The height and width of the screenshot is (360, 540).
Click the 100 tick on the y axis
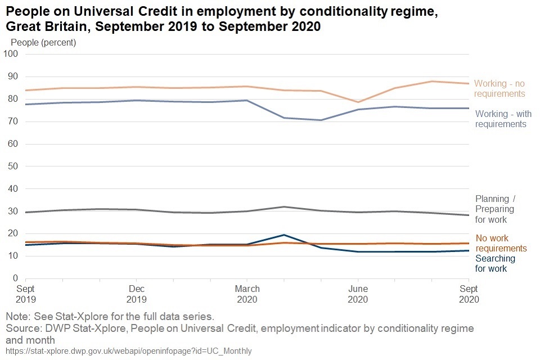(x=11, y=54)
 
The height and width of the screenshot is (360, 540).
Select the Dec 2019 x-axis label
(x=136, y=294)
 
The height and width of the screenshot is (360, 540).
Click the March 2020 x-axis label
(x=247, y=294)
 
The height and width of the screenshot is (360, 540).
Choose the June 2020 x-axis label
(x=358, y=294)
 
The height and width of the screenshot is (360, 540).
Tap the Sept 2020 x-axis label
(x=469, y=294)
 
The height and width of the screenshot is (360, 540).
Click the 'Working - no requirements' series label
(x=499, y=89)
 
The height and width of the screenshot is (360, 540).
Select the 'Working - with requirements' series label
(x=503, y=119)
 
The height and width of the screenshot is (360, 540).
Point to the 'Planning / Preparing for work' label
(x=495, y=209)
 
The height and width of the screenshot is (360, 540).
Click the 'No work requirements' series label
(x=501, y=243)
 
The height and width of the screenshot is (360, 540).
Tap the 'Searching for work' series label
(x=495, y=263)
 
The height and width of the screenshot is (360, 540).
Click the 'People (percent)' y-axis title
(x=43, y=42)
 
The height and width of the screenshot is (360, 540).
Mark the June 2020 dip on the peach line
(x=358, y=102)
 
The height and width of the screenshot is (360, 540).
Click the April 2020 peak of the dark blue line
(x=284, y=235)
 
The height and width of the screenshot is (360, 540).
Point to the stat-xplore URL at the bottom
(x=128, y=351)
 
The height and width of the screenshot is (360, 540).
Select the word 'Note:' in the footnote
(x=19, y=316)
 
